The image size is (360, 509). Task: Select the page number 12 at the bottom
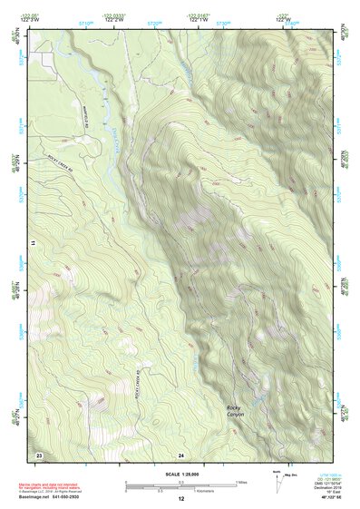pos(180,499)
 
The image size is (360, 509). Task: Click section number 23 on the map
pos(39,453)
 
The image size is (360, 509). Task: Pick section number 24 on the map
pos(181,454)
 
